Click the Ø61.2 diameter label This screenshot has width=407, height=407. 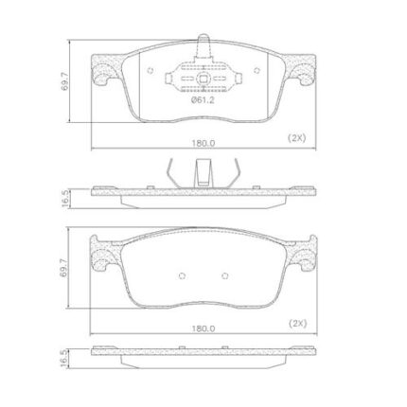pyautogui.click(x=203, y=100)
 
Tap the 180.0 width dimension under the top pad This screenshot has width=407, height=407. pyautogui.click(x=203, y=143)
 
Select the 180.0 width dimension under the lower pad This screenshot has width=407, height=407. pyautogui.click(x=203, y=328)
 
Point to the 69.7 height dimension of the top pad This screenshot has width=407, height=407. pyautogui.click(x=64, y=81)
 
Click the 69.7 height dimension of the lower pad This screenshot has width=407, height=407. pyautogui.click(x=64, y=268)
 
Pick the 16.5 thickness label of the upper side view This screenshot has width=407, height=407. pyautogui.click(x=65, y=199)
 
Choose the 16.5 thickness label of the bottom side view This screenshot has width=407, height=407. pyautogui.click(x=65, y=359)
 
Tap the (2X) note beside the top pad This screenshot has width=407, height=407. pyautogui.click(x=296, y=138)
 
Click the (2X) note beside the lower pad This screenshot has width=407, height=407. pyautogui.click(x=297, y=324)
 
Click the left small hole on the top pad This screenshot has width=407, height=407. pyautogui.click(x=150, y=71)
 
